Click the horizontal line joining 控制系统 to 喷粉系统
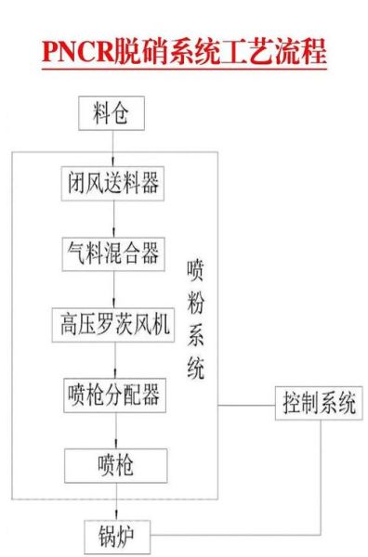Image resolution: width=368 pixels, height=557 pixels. [x=247, y=405]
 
